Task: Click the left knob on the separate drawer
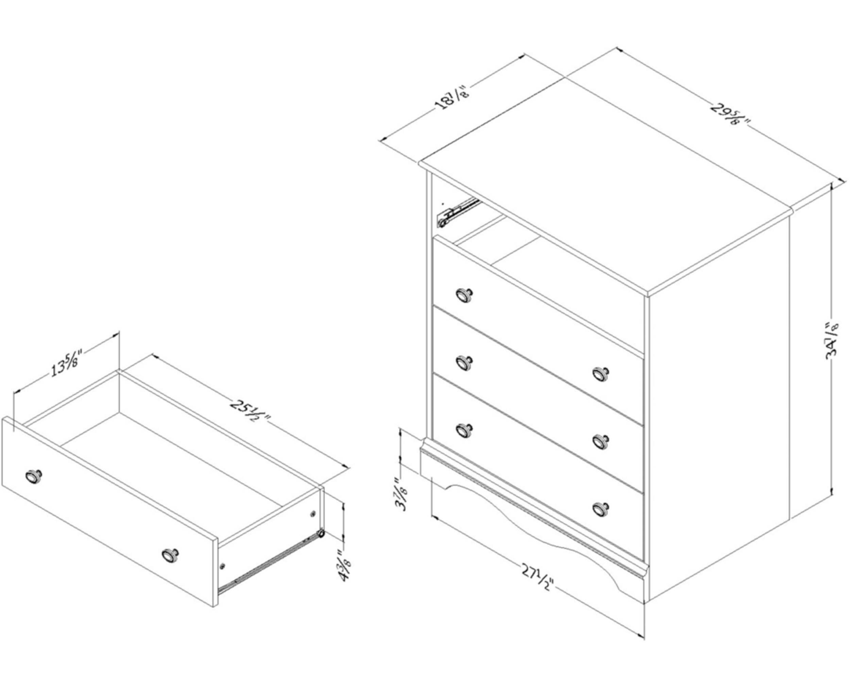coord(34,476)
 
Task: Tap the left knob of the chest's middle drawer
coord(464,362)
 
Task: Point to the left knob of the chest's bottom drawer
coord(464,429)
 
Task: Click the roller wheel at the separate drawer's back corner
coord(321,534)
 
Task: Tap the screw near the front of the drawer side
coord(223,566)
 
